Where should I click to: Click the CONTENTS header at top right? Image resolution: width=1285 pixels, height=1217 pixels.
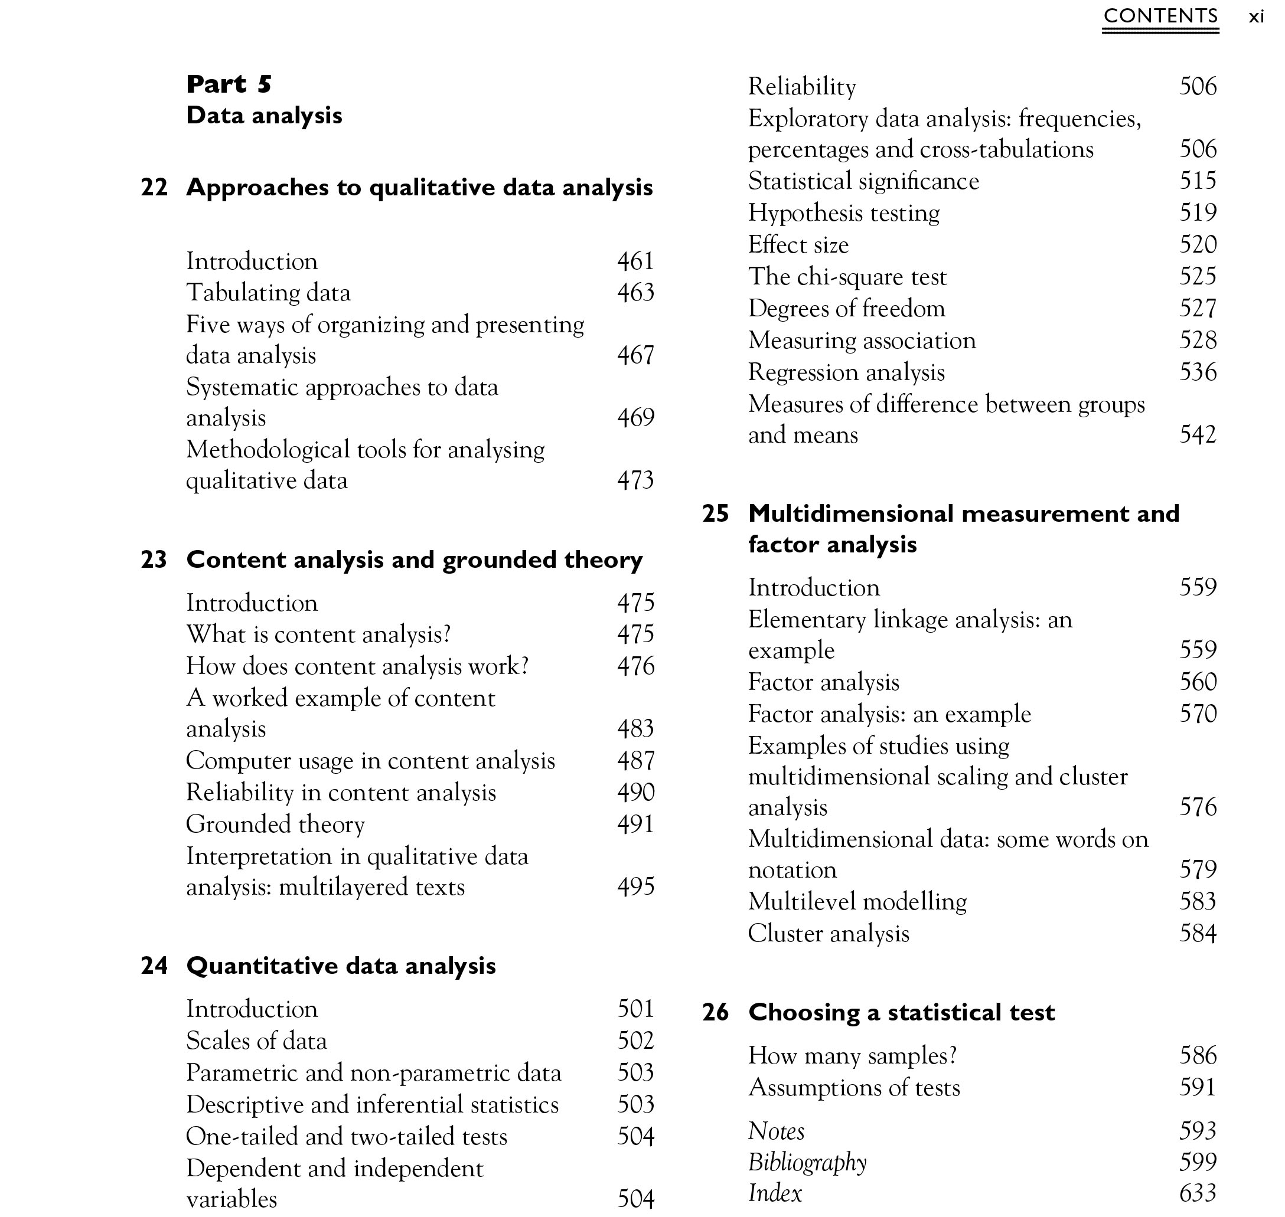1160,16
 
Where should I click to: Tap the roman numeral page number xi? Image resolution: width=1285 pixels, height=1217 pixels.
1257,17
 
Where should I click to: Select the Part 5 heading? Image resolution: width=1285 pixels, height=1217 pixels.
229,84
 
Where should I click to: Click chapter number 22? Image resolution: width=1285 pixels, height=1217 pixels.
154,188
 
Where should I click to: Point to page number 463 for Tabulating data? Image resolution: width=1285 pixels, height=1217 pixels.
635,293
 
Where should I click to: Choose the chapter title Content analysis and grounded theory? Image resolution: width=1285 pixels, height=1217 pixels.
414,560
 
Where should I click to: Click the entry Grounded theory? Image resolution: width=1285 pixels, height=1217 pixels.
275,824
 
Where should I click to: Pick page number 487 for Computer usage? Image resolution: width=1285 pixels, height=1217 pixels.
635,760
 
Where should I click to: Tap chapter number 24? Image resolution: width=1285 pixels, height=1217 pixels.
154,966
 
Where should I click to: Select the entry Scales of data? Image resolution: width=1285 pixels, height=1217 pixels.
256,1041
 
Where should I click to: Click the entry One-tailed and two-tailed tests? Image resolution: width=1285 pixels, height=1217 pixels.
347,1136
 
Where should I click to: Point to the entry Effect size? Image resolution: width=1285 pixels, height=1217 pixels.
798,244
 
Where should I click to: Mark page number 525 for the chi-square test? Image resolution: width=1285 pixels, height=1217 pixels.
1198,276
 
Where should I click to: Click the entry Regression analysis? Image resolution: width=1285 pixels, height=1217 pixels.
846,372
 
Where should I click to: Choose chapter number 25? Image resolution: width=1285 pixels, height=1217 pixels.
715,514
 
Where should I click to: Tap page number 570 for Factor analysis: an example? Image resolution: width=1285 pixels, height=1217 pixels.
1198,714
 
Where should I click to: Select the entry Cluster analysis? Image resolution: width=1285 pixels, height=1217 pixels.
828,934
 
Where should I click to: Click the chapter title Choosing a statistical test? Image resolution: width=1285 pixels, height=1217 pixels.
901,1012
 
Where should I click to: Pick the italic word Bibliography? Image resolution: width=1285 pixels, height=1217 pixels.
807,1162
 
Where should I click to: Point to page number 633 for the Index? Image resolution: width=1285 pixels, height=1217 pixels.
1198,1192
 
